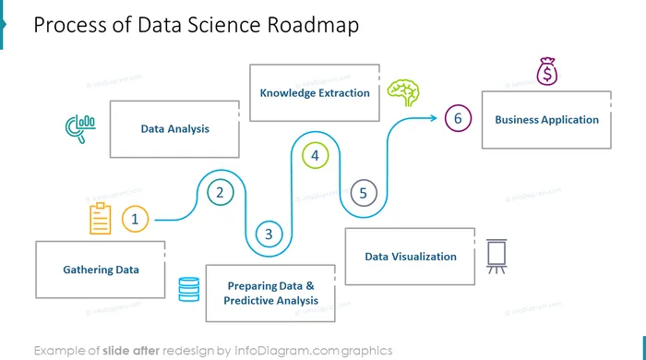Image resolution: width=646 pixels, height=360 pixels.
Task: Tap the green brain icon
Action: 403,92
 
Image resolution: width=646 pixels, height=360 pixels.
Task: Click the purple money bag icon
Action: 547,71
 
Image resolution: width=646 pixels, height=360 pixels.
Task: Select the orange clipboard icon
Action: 100,218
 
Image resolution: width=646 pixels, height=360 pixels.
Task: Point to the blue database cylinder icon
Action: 189,289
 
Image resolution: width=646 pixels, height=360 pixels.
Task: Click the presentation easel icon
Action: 496,257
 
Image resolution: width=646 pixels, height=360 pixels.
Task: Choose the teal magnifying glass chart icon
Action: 81,129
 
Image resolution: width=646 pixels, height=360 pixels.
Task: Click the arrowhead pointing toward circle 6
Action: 434,118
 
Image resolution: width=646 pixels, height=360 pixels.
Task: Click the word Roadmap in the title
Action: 313,25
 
